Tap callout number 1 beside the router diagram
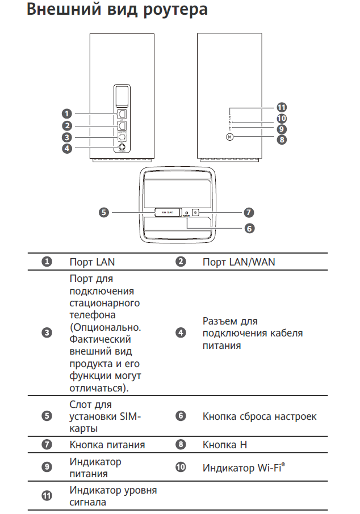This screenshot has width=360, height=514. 67,113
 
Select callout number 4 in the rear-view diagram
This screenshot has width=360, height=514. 67,149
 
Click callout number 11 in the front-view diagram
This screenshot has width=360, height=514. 281,107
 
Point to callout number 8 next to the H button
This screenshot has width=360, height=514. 281,140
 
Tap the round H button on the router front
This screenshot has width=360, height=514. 229,137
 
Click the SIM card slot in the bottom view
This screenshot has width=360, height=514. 168,213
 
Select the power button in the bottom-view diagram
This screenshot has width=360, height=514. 195,213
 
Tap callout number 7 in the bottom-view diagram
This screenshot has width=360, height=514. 248,213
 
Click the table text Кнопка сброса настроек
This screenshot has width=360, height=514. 259,416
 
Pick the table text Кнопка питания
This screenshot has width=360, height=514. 107,445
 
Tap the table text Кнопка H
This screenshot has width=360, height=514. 225,445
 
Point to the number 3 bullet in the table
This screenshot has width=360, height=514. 48,333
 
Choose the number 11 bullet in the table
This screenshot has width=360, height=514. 48,496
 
